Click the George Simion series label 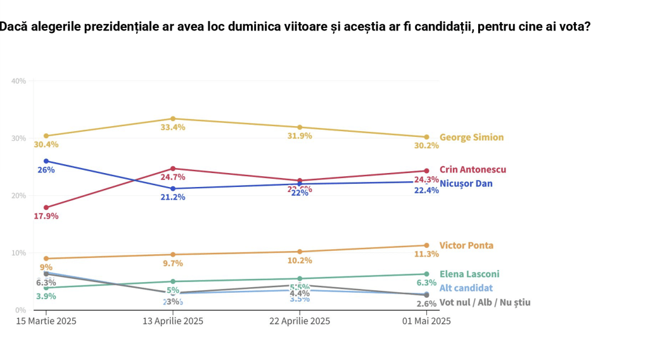tap(471, 138)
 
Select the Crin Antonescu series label tap(473, 170)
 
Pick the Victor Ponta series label tap(466, 246)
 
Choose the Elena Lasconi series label tap(469, 274)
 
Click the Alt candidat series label tap(466, 288)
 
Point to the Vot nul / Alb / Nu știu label tap(485, 302)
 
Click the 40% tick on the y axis tap(18, 81)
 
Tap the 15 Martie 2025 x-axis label tap(46, 321)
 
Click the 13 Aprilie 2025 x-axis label tap(172, 321)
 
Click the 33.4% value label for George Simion tap(172, 128)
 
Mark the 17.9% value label tap(46, 216)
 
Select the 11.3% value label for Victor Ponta tap(426, 254)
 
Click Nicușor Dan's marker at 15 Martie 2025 tap(46, 161)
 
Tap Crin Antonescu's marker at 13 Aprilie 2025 tap(172, 169)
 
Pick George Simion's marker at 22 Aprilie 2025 tap(300, 127)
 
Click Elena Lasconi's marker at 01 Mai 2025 tap(426, 274)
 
